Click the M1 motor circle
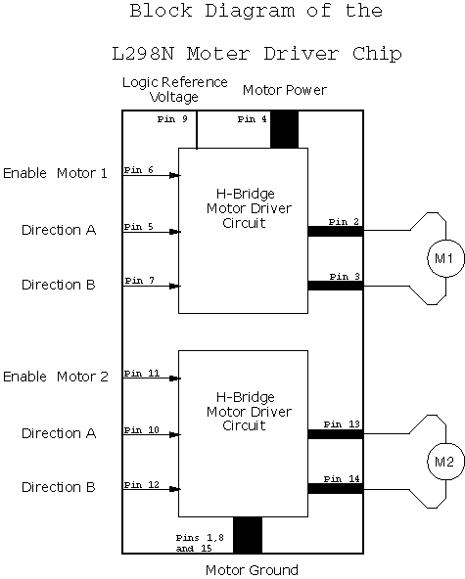tap(445, 241)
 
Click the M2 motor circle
tap(445, 443)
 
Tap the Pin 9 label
tap(172, 119)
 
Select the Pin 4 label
tap(253, 119)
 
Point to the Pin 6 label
tap(139, 170)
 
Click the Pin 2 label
tap(344, 222)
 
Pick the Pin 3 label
tap(345, 276)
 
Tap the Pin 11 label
tap(142, 374)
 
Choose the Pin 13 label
tap(342, 424)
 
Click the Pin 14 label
tap(342, 479)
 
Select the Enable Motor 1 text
tap(55, 173)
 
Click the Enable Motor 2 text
tap(56, 377)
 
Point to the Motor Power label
tap(285, 90)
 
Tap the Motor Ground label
tap(252, 570)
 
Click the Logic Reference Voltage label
tap(175, 89)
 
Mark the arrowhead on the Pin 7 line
tap(174, 287)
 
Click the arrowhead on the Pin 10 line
tap(174, 435)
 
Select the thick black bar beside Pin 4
tap(284, 130)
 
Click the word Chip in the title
tap(377, 54)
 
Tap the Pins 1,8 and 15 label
tap(200, 543)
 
